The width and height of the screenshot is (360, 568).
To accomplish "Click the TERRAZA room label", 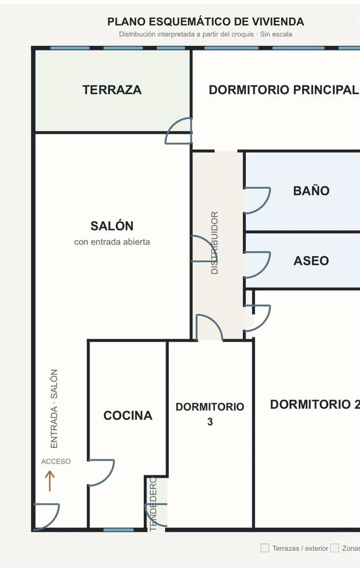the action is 112,90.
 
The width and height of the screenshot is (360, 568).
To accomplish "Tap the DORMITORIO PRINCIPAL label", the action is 284,90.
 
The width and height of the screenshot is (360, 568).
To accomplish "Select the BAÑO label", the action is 311,191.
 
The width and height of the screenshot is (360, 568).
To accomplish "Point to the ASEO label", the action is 311,261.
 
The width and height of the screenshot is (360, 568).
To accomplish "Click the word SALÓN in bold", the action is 112,226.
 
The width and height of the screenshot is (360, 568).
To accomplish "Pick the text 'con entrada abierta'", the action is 112,242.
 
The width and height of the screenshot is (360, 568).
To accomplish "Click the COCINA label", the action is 128,415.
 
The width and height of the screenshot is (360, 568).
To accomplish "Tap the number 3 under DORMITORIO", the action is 210,422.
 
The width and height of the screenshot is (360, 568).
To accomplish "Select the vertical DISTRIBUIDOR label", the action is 214,243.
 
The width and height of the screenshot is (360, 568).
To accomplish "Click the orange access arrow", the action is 49,481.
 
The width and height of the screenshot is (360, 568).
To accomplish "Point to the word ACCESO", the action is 56,462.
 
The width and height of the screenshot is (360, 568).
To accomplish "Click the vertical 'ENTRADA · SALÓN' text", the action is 54,408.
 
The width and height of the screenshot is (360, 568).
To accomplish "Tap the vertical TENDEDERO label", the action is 153,504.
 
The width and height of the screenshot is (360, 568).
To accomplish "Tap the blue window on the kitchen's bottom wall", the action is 118,530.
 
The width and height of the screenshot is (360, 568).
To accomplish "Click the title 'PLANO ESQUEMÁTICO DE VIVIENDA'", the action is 206,22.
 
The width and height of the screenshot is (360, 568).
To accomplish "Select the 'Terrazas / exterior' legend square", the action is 265,547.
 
